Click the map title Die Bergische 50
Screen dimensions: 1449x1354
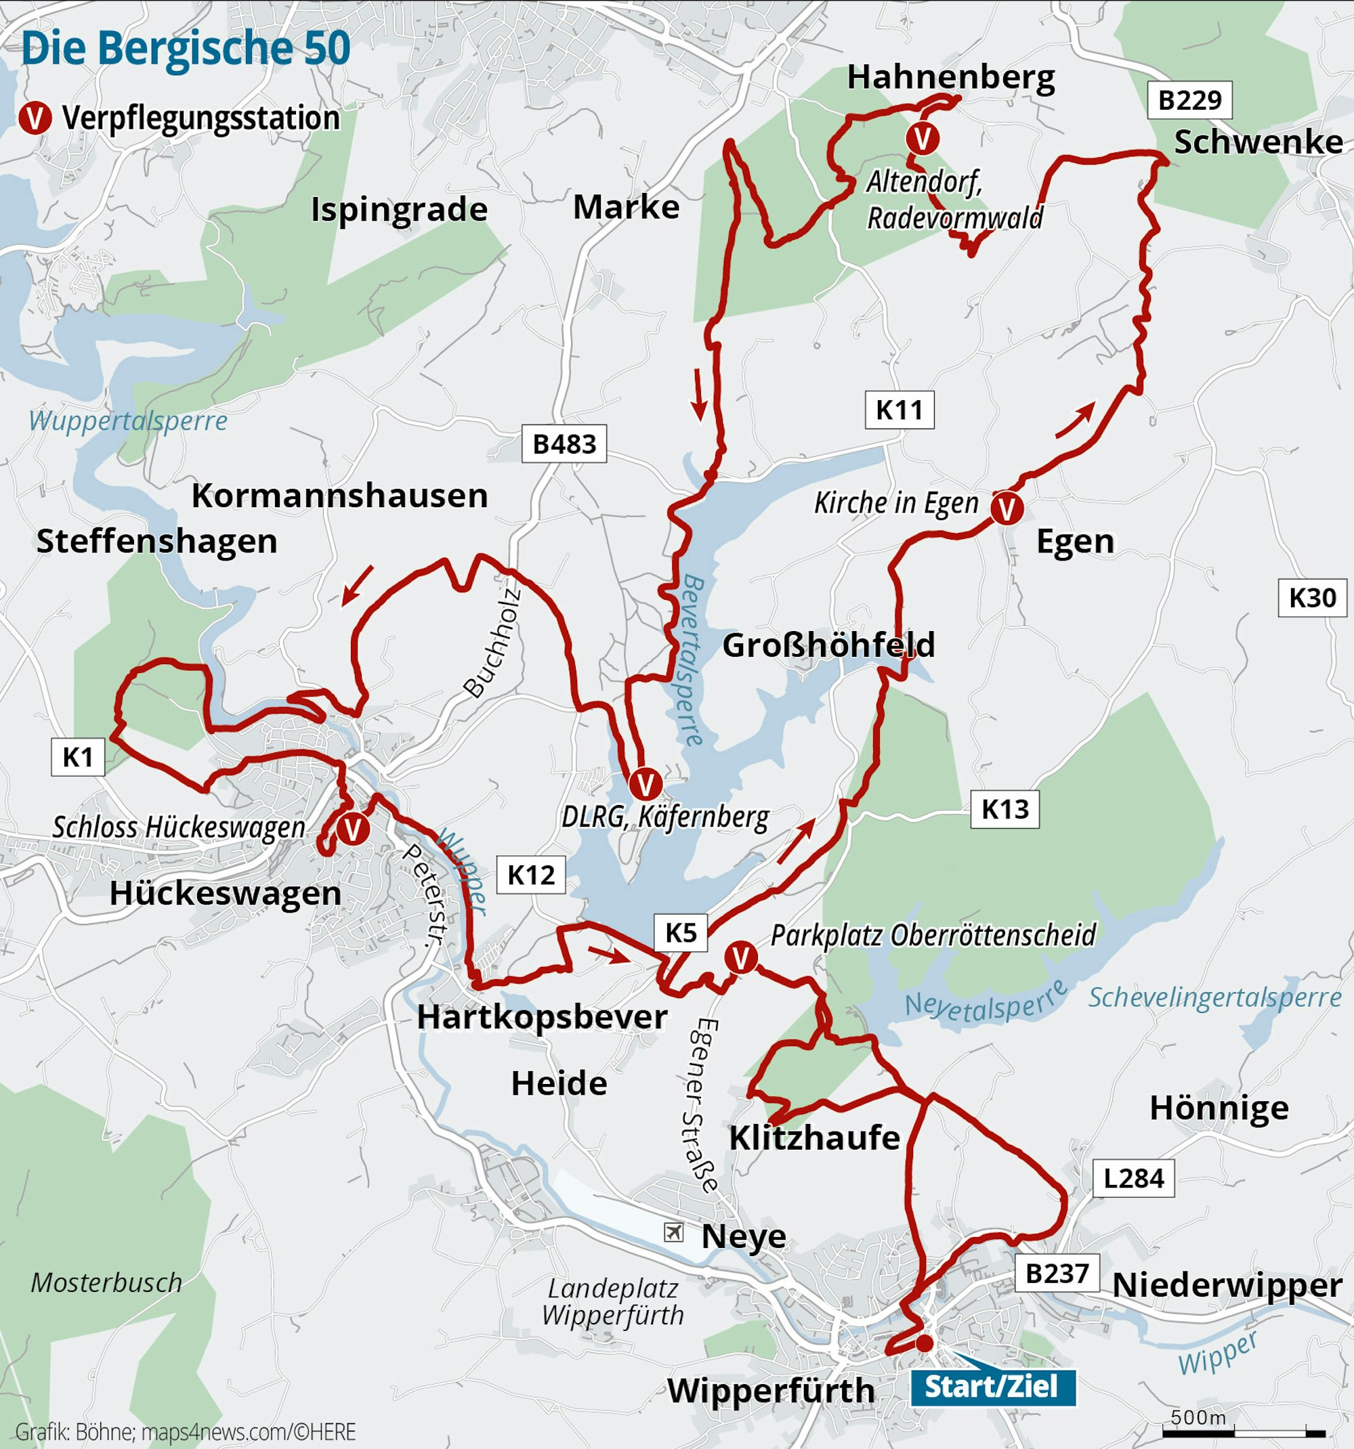pos(186,49)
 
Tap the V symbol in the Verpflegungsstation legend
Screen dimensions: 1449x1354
pos(35,118)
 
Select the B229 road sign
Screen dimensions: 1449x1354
pos(1189,100)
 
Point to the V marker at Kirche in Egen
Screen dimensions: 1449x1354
pos(1007,509)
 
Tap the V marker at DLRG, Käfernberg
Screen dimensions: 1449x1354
pos(645,785)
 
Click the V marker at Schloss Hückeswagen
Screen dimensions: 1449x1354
pos(353,829)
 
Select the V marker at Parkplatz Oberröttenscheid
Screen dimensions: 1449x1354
pos(741,957)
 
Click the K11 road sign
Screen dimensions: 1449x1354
pos(899,410)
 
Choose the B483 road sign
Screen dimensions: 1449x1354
pos(564,444)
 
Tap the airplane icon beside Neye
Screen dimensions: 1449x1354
pos(674,1232)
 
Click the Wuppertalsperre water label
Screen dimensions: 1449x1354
pos(127,420)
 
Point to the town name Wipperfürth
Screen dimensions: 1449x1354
pos(771,1390)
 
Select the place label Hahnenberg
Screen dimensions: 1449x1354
pos(950,77)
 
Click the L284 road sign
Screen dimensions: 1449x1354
pos(1133,1178)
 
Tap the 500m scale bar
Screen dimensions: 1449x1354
pos(1244,1429)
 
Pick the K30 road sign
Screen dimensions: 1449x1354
pos(1312,598)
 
